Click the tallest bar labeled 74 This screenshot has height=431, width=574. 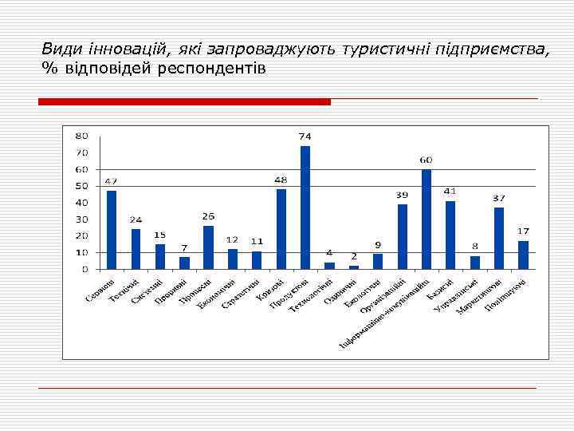305,208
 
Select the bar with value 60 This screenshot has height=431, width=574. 426,219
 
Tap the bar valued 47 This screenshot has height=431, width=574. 112,230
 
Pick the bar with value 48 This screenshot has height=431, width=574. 281,229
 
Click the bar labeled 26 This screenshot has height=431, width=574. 208,247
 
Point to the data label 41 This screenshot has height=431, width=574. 450,192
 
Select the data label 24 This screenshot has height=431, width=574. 136,219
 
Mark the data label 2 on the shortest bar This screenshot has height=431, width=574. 354,256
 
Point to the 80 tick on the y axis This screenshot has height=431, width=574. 82,136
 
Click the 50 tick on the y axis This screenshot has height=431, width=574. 82,186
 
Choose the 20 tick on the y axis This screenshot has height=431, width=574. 82,236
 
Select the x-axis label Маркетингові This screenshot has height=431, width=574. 479,295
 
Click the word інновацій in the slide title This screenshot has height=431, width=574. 112,49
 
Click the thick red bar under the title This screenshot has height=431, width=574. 184,102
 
